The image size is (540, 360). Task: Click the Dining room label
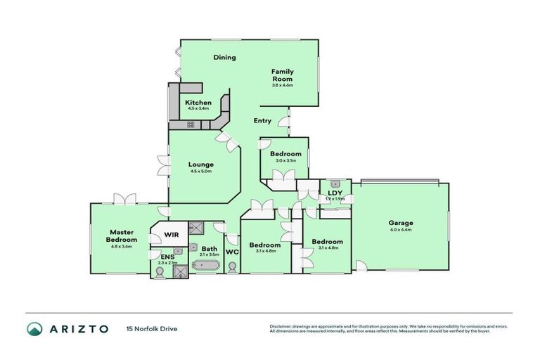tap(225, 58)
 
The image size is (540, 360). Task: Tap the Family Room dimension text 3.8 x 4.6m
tap(283, 86)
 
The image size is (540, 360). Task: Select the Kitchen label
tap(198, 103)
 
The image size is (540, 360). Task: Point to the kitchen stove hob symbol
tap(191, 124)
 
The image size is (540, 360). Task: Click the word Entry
tap(262, 121)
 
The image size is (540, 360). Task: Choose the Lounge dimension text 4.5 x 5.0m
tap(200, 171)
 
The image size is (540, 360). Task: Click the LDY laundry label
tap(335, 192)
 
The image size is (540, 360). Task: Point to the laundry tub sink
tap(335, 183)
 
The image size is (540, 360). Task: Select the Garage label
tap(401, 223)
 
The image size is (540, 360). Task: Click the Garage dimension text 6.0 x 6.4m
tap(401, 230)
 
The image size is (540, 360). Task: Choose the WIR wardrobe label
tap(172, 234)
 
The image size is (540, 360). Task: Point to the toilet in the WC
tap(232, 267)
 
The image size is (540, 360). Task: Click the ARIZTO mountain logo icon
tap(34, 328)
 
